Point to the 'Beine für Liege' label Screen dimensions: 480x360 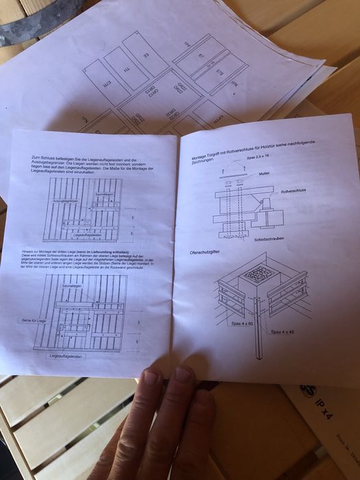(34, 320)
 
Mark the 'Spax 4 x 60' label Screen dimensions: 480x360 (240, 323)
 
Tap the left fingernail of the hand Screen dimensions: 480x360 (151, 377)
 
